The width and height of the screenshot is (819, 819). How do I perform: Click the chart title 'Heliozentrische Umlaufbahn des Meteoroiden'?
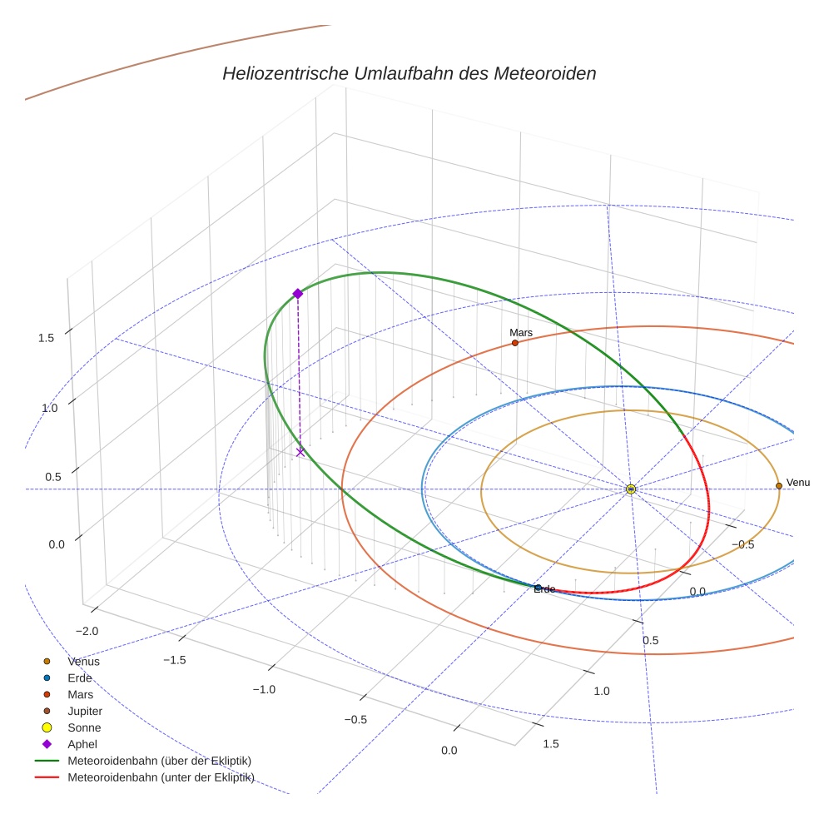click(x=409, y=73)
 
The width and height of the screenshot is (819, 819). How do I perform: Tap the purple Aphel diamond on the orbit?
click(x=297, y=293)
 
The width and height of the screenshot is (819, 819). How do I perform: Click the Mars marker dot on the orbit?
click(x=515, y=343)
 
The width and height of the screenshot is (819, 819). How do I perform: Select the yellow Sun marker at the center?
click(x=631, y=489)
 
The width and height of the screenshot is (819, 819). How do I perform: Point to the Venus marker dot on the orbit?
click(x=779, y=485)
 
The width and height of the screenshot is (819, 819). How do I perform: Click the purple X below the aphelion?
click(x=300, y=452)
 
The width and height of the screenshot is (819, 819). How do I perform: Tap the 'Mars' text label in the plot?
click(x=521, y=333)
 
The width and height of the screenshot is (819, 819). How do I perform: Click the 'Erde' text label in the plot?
click(x=544, y=589)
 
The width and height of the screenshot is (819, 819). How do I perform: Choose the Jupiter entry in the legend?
click(x=85, y=711)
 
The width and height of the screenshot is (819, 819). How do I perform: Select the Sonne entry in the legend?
click(x=84, y=727)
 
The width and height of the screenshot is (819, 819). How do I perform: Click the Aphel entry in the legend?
click(x=82, y=744)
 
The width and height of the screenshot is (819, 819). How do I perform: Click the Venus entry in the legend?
click(x=83, y=661)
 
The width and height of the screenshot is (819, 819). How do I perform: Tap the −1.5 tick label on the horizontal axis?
click(x=173, y=659)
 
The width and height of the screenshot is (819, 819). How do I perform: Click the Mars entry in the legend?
click(x=80, y=694)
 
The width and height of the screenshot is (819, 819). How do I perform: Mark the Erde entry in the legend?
click(x=80, y=678)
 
